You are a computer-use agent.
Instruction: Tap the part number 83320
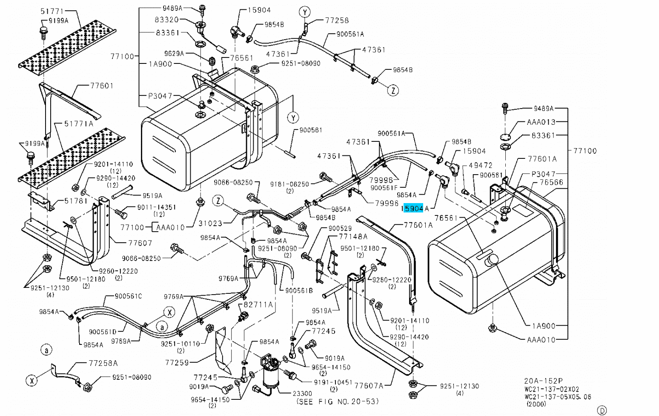[x=166, y=20]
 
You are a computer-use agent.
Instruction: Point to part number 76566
[x=551, y=182]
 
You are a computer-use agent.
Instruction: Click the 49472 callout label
[x=480, y=165]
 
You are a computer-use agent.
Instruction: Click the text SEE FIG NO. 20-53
[x=337, y=401]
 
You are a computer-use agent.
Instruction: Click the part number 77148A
[x=353, y=236]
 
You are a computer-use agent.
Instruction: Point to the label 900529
[x=340, y=229]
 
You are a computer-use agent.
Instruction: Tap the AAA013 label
[x=541, y=122]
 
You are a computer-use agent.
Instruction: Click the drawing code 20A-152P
[x=543, y=381]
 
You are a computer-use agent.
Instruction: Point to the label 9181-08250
[x=289, y=184]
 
